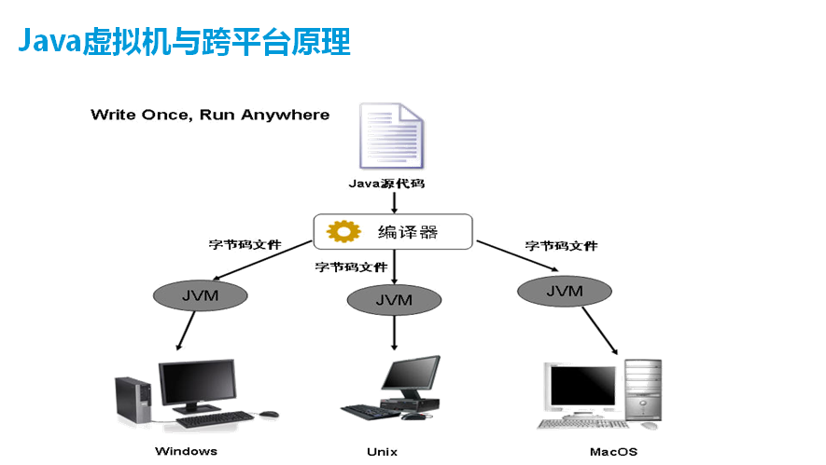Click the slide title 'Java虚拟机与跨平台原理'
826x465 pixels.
(184, 42)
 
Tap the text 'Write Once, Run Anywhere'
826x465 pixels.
(210, 115)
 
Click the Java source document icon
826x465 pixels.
(393, 136)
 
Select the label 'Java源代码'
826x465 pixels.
(386, 184)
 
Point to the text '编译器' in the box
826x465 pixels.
(407, 232)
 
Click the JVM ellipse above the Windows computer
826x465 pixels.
(200, 295)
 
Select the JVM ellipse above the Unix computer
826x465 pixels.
(394, 300)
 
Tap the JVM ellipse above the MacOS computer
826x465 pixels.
(564, 291)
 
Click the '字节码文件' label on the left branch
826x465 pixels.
(245, 245)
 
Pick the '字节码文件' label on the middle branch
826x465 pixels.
(351, 267)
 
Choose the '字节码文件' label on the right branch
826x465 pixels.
(561, 246)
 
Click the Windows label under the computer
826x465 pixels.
(186, 451)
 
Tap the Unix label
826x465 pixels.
(382, 452)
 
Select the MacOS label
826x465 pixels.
(613, 452)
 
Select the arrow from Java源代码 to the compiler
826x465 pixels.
(394, 202)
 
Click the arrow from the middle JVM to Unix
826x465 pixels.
(394, 332)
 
